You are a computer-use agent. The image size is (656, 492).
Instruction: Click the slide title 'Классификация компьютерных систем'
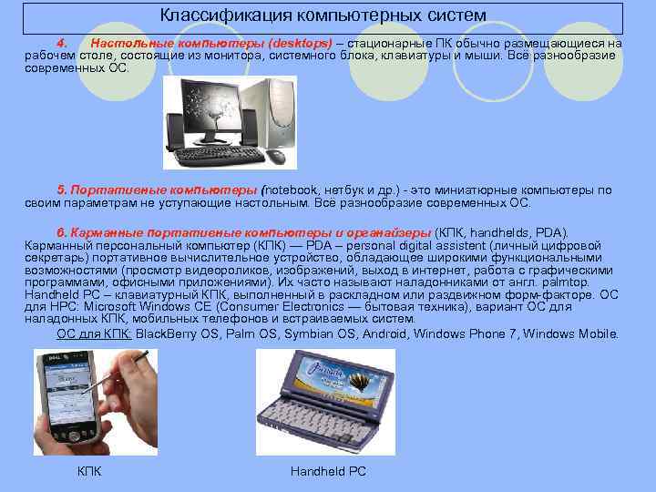(x=323, y=15)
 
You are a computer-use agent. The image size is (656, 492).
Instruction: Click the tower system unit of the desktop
(x=268, y=113)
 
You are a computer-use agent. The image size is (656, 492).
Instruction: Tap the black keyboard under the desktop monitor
(x=219, y=155)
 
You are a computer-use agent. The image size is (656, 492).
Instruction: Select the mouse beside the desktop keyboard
(x=275, y=156)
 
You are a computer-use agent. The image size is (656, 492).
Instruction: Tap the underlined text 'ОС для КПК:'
(x=95, y=333)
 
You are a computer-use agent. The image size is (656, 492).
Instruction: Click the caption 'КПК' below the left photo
(x=89, y=471)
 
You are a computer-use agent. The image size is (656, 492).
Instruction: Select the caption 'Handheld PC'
(x=328, y=471)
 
